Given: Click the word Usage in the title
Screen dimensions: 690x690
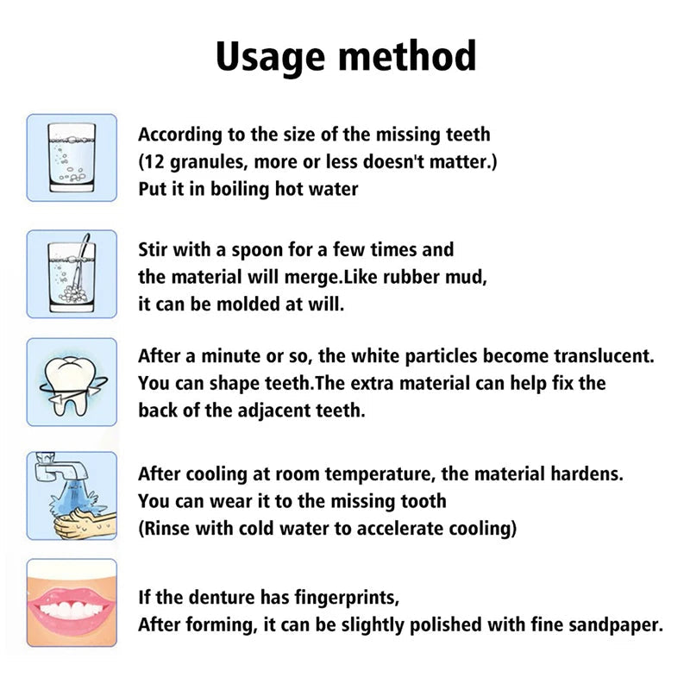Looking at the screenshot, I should [x=269, y=56].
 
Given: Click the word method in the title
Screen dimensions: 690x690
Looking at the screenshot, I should [x=406, y=56].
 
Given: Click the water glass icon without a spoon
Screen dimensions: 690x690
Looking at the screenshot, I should [x=72, y=158].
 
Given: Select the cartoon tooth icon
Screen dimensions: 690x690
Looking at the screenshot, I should [x=71, y=379].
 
